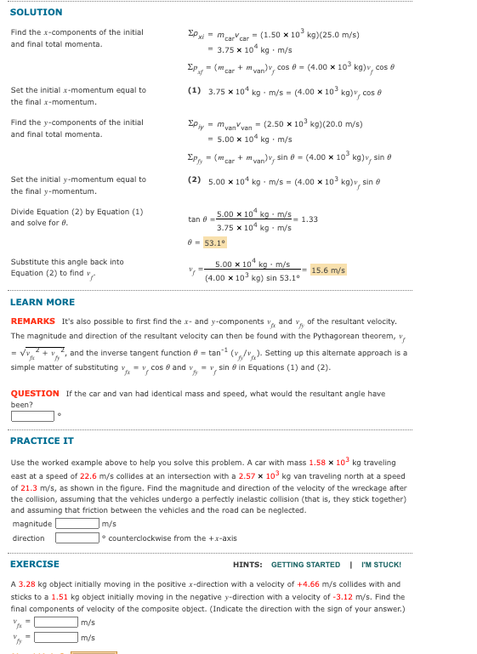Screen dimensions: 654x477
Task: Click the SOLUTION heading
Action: [36, 12]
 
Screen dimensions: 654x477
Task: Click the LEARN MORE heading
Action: [42, 302]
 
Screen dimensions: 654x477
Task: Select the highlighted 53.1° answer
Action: [214, 242]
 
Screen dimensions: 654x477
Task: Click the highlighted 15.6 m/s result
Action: [328, 270]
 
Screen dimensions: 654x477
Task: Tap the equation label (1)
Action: [194, 90]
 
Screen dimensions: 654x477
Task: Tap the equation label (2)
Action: [194, 180]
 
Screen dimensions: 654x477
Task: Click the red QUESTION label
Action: [35, 394]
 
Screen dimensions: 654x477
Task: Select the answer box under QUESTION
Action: [32, 416]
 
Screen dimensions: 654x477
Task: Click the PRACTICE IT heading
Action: [42, 441]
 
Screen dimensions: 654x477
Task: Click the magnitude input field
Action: [77, 524]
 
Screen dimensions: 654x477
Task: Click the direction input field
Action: [77, 537]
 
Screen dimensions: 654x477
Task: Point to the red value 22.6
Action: [77, 476]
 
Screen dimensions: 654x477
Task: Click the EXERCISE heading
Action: [35, 564]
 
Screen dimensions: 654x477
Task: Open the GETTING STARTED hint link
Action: [305, 565]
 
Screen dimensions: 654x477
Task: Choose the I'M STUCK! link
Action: [381, 565]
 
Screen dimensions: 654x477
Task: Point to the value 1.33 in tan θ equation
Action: [309, 219]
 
